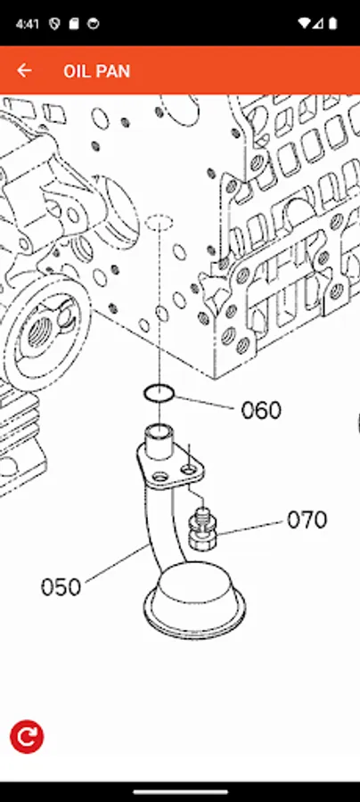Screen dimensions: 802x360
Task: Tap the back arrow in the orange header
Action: [x=24, y=70]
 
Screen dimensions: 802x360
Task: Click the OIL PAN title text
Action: [x=96, y=71]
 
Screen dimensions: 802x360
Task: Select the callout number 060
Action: [x=261, y=411]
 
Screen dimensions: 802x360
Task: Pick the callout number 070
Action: [x=307, y=520]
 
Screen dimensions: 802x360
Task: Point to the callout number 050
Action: [x=61, y=587]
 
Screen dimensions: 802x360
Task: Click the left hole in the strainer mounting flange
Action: [x=160, y=476]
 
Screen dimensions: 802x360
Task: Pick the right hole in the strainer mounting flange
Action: [x=190, y=467]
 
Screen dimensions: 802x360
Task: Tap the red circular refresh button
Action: [x=27, y=736]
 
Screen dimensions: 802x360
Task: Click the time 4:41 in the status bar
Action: [x=27, y=23]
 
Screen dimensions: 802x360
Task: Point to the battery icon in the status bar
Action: [x=333, y=23]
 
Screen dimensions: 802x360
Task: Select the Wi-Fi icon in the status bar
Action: [x=306, y=23]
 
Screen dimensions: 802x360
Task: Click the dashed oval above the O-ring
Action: [x=158, y=221]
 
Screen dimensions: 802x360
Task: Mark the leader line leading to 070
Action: [x=251, y=526]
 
